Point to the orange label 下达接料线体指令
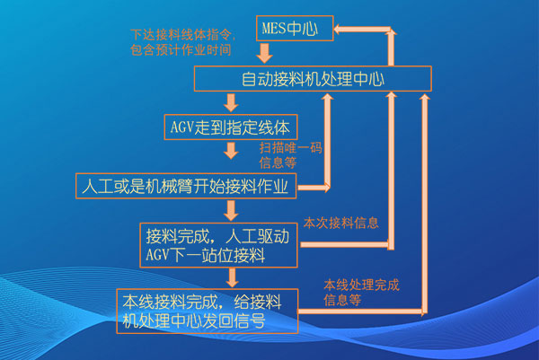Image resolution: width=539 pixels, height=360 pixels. click(181, 35)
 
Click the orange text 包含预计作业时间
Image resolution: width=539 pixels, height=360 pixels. click(181, 49)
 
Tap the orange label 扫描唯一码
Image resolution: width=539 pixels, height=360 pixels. click(290, 148)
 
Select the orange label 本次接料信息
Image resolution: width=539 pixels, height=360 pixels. click(340, 223)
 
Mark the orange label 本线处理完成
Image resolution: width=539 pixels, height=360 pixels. click(361, 285)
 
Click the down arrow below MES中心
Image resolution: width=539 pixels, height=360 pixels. click(264, 53)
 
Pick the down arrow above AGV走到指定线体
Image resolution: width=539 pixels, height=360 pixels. click(231, 102)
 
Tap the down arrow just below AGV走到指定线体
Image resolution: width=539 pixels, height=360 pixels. click(231, 151)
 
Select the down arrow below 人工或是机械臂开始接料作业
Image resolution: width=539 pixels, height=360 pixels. click(231, 211)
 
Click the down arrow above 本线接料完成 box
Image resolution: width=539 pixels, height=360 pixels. click(233, 277)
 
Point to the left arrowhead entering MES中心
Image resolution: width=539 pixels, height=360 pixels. click(338, 30)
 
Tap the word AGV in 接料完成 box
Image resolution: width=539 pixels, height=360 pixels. click(157, 255)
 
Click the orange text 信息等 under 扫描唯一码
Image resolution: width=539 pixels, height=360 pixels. click(278, 162)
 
